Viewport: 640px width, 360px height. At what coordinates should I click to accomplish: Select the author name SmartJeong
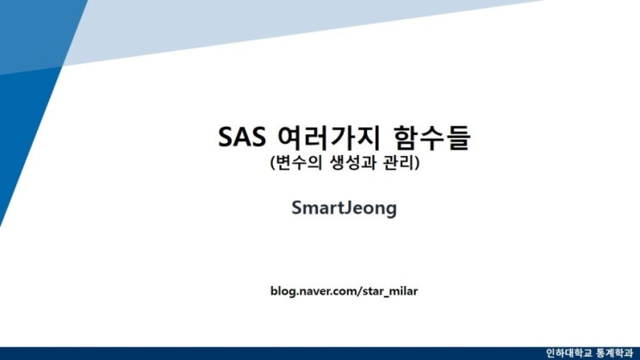(344, 208)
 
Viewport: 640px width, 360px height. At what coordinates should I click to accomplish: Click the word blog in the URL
(283, 291)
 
